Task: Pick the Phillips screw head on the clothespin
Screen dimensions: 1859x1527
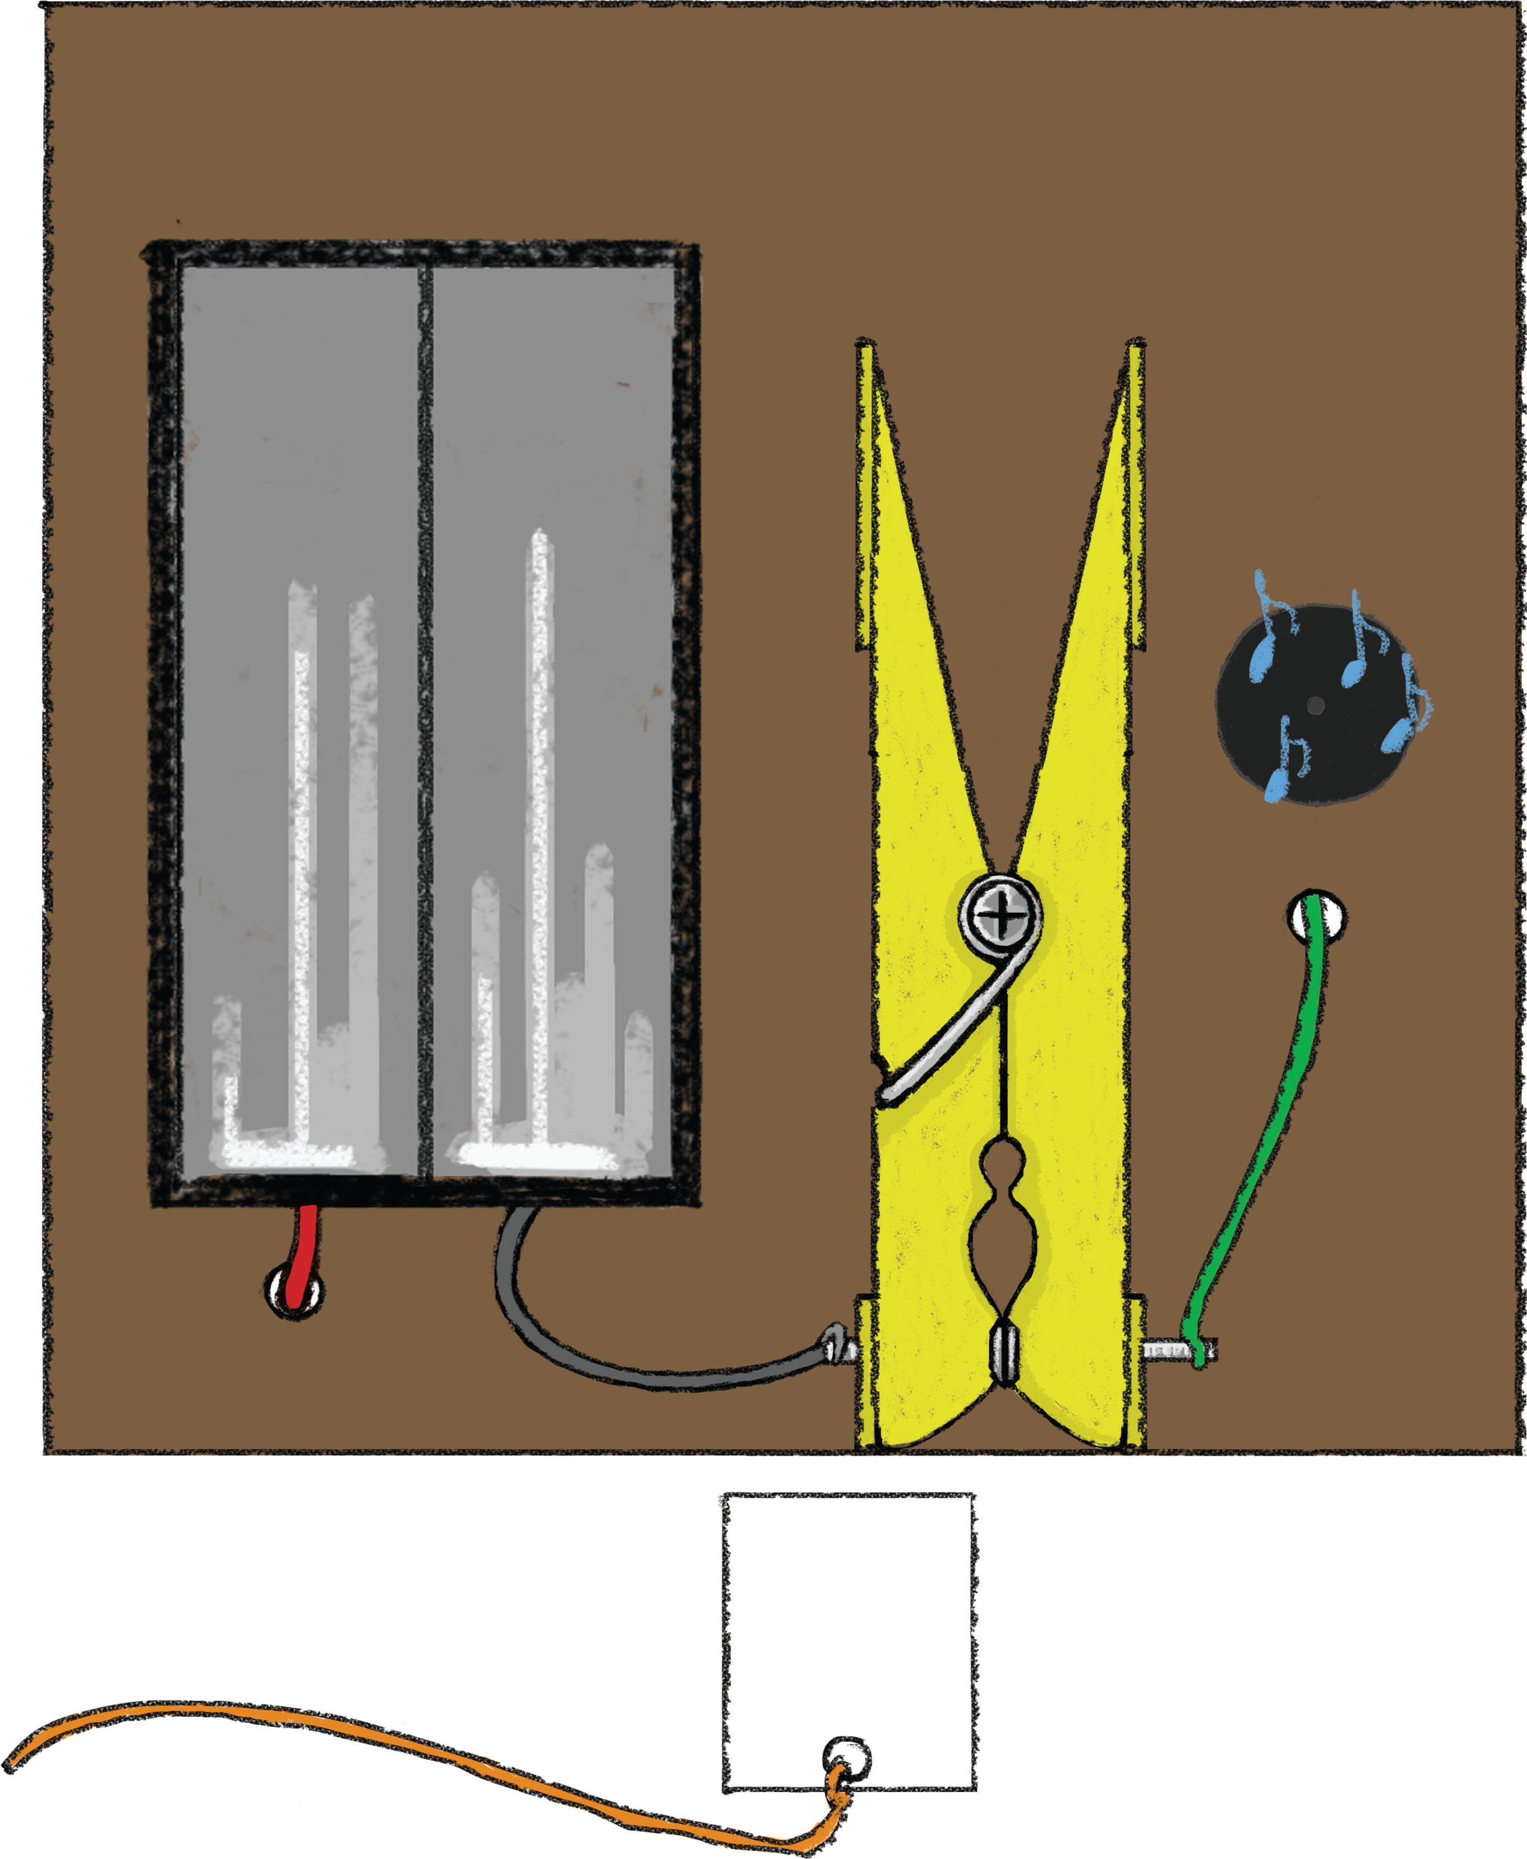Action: click(x=1001, y=917)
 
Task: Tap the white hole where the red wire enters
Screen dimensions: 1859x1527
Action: click(x=294, y=1291)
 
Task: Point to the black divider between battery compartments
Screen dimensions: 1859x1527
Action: click(x=426, y=721)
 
